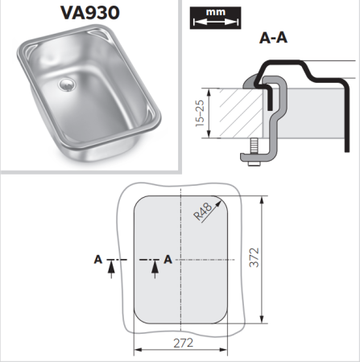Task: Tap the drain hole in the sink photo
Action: tap(66, 82)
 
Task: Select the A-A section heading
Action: tap(274, 37)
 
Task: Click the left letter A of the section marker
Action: tap(97, 258)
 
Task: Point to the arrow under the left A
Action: tap(110, 269)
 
